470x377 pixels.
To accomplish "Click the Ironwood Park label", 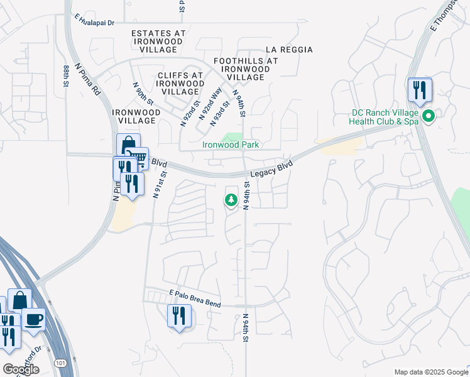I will point(231,145).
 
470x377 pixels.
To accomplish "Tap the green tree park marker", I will point(231,200).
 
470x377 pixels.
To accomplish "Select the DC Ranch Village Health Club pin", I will point(429,117).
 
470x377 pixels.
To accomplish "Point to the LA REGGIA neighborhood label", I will point(289,50).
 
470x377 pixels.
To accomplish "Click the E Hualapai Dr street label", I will point(94,22).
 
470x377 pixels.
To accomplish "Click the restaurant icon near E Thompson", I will point(420,90).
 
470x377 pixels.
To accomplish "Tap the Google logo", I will point(21,369).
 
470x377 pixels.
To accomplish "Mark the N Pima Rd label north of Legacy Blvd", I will point(87,80).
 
